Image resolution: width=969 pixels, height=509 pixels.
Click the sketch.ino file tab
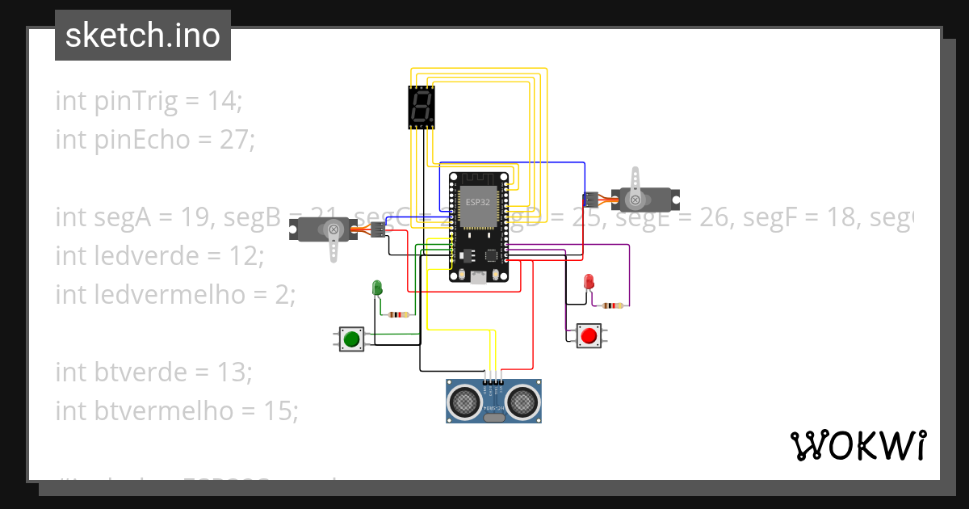[x=143, y=36]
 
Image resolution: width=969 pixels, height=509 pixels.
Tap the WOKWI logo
[x=858, y=446]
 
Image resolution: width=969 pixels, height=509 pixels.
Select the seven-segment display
[x=421, y=107]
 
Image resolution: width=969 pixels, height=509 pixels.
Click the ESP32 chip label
[x=477, y=202]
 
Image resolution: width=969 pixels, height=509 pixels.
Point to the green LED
[x=376, y=287]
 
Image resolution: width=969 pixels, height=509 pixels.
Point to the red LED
[x=589, y=282]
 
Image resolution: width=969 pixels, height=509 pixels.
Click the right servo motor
[x=646, y=197]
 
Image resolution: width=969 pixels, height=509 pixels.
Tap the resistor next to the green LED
[x=398, y=314]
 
